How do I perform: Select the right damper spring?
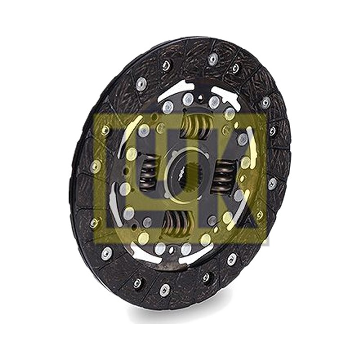point(221,175)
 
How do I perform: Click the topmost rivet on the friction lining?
point(213,58)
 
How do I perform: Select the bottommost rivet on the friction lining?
point(164,290)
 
